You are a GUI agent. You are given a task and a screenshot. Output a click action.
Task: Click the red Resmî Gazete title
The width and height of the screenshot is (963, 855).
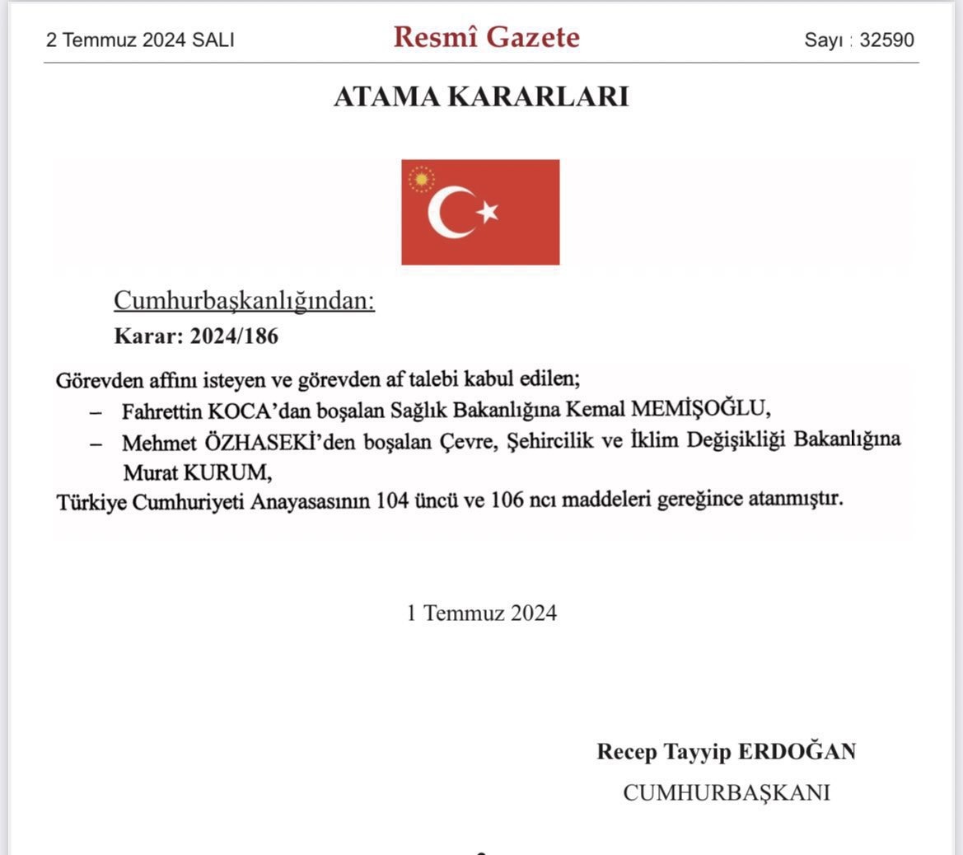[486, 37]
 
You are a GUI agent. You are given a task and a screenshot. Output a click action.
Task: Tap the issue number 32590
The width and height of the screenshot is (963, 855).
[886, 40]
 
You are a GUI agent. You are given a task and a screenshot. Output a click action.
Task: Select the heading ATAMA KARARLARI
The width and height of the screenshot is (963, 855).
[481, 96]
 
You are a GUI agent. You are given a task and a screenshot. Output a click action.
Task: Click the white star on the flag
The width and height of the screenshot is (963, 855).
[488, 212]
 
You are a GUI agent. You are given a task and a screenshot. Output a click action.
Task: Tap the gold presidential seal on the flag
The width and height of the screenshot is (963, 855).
[421, 179]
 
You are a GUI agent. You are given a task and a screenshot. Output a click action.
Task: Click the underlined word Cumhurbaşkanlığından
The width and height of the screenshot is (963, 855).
[244, 301]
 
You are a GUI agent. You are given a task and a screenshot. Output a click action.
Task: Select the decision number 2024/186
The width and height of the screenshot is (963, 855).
[234, 336]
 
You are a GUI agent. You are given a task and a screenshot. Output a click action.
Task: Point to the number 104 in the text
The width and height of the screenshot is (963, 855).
[391, 500]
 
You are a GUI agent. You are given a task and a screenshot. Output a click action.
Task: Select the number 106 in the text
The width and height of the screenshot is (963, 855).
[507, 500]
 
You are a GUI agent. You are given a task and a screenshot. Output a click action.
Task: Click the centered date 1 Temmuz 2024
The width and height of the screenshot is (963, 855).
[482, 613]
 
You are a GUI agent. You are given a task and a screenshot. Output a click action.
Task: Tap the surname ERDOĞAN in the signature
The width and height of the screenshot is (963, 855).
[797, 751]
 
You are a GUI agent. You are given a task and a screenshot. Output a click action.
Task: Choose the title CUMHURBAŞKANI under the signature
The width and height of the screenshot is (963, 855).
[726, 792]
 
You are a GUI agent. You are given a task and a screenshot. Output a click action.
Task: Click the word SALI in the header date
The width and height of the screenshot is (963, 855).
[213, 40]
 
